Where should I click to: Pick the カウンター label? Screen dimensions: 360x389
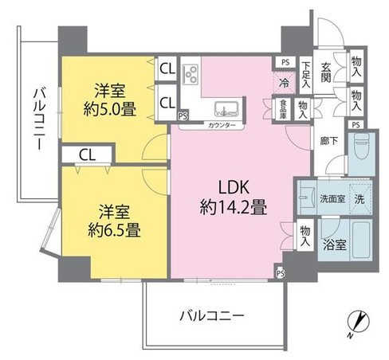[x=220, y=125]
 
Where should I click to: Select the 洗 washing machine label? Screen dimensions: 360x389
[x=360, y=198]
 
